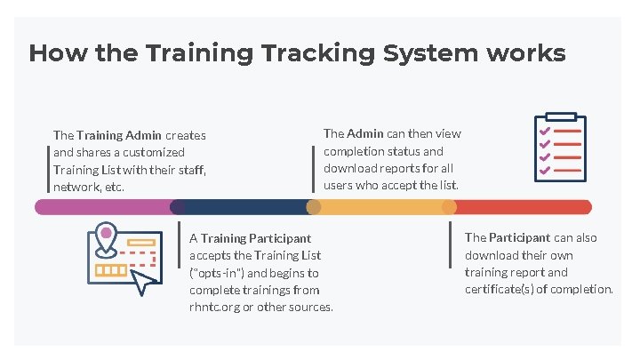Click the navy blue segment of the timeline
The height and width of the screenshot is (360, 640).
[245, 207]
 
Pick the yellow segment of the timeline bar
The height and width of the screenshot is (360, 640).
[382, 207]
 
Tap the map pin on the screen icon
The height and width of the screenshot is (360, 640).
[107, 236]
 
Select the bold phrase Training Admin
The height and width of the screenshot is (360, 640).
[119, 136]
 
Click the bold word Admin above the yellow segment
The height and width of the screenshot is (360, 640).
[365, 133]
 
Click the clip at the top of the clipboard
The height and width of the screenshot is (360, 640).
[560, 116]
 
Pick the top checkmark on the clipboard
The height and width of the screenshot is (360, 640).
[545, 132]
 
